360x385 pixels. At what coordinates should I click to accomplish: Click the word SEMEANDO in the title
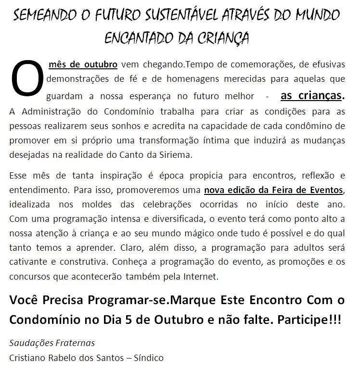coord(44,15)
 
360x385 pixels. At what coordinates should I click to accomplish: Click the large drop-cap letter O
coord(28,78)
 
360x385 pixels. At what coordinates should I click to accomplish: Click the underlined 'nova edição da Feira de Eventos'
coord(274,190)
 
